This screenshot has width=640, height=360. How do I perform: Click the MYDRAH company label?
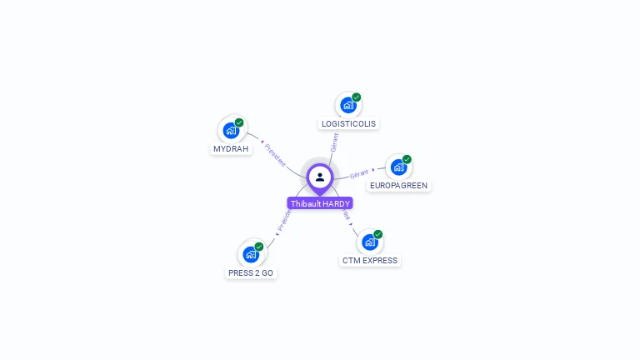click(231, 149)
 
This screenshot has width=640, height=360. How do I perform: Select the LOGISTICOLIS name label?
click(348, 124)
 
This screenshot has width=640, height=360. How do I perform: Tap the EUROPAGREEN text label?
click(399, 185)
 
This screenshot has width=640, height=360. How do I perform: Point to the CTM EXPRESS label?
click(370, 261)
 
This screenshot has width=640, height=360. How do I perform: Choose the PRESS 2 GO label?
click(251, 273)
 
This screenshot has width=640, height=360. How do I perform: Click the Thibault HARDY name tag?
click(320, 203)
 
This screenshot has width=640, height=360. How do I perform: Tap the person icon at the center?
click(320, 177)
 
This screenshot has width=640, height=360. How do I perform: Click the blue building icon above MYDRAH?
click(231, 131)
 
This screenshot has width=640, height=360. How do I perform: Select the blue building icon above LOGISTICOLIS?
click(347, 105)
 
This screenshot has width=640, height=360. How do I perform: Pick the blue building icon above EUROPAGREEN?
click(398, 167)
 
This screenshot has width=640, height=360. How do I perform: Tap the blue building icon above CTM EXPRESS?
click(369, 242)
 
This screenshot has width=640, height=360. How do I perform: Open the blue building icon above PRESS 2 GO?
click(250, 254)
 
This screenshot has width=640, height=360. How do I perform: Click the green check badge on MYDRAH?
click(239, 122)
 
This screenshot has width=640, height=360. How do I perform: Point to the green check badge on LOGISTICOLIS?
click(357, 97)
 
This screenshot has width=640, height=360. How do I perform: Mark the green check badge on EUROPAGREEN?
click(407, 159)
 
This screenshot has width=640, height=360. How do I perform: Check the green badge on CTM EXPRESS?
click(378, 234)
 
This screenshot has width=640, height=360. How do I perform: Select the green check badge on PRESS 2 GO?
click(259, 247)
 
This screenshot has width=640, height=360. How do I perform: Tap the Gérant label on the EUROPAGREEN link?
click(359, 174)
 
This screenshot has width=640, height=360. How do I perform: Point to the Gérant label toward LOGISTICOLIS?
click(334, 142)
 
